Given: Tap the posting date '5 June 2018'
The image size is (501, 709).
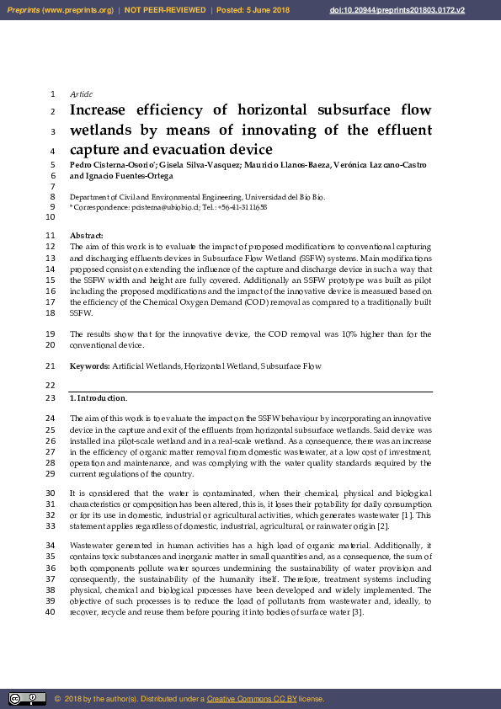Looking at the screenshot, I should coord(268,10).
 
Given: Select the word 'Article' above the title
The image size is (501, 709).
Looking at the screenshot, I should coord(82,93).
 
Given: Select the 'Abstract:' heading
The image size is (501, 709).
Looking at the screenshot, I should coord(86,235).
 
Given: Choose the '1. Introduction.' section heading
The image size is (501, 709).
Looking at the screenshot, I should coord(99,397).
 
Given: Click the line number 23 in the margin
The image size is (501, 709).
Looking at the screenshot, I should coord(51,397).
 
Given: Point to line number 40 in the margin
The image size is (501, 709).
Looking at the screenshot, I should coord(51,611).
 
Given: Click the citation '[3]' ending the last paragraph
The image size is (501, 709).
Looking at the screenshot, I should coord(357,611).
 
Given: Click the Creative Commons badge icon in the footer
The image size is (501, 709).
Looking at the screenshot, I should coord(27,698).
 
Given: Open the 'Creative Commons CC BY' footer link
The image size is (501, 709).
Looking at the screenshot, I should coord(249,699).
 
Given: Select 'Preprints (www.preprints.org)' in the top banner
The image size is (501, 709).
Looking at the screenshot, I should coord(59,10).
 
